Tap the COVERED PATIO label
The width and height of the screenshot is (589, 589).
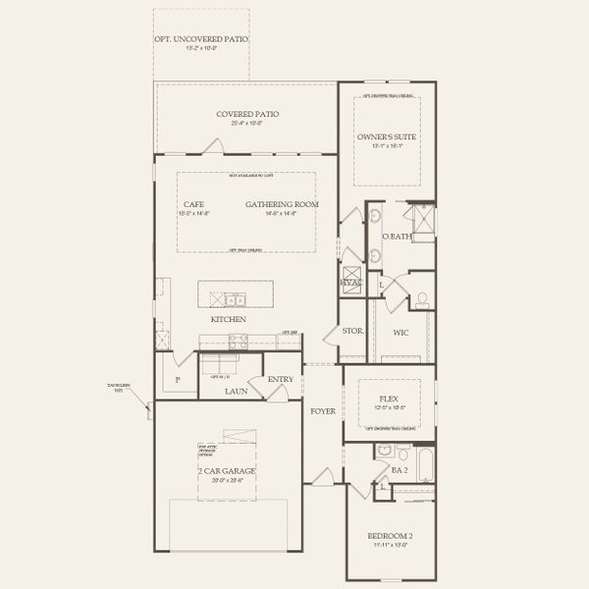(x=247, y=114)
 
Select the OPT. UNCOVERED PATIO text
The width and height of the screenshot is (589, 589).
(x=201, y=39)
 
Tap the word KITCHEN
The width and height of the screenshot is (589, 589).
(x=228, y=320)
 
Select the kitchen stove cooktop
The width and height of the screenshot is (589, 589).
(x=239, y=341)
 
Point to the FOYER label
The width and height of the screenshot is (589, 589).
(x=323, y=410)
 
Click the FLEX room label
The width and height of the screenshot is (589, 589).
(x=389, y=399)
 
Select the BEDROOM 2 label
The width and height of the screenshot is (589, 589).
(x=390, y=535)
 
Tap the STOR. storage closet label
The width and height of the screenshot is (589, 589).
(x=352, y=332)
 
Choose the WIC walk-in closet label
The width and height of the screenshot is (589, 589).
(x=401, y=333)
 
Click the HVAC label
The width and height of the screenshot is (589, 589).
(x=350, y=283)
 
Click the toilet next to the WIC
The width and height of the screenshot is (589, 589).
(x=422, y=297)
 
